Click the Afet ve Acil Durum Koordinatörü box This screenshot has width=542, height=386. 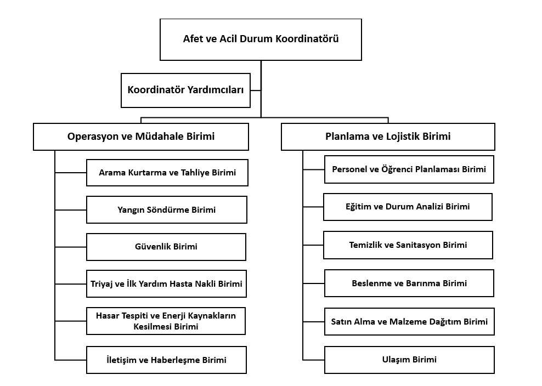[261, 39]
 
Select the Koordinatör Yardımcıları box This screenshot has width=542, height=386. [185, 90]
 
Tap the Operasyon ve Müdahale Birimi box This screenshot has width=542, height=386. [140, 137]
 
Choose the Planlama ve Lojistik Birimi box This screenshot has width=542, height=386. [388, 137]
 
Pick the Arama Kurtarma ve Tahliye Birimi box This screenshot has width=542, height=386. [167, 173]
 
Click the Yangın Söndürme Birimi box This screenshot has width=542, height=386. [167, 210]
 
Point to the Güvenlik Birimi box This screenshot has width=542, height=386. [166, 247]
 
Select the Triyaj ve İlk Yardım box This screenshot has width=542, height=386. [166, 283]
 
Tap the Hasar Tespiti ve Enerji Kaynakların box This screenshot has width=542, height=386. [166, 321]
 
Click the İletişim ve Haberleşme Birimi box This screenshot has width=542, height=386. [166, 360]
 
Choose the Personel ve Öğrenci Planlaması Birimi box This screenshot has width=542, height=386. [409, 169]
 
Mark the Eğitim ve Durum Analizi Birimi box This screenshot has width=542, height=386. [408, 207]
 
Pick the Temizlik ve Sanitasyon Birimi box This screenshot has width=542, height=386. [408, 245]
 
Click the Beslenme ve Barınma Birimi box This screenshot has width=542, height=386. [409, 283]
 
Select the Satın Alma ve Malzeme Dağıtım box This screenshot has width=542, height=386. [409, 321]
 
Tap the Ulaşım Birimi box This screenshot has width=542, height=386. [409, 360]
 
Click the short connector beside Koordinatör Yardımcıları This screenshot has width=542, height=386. [256, 90]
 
